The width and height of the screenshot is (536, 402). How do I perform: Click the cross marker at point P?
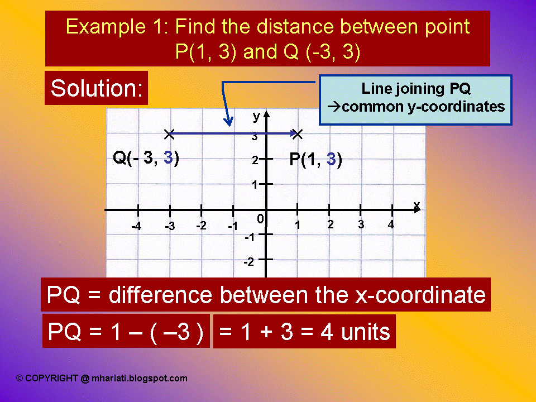[298, 133]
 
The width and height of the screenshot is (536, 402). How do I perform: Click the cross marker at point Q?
[170, 133]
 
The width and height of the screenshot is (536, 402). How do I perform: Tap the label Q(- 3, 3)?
[146, 158]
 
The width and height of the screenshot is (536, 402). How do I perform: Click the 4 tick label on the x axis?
[391, 224]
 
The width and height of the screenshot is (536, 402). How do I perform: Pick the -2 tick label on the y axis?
[249, 261]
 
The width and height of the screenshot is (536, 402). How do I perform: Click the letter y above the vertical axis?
[256, 116]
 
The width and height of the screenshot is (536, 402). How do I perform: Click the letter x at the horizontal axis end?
[417, 205]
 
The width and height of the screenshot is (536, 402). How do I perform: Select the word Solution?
[96, 88]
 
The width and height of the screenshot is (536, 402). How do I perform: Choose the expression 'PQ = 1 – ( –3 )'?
[126, 332]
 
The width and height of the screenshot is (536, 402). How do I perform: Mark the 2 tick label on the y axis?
[255, 160]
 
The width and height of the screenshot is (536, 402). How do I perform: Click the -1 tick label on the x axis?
[233, 226]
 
